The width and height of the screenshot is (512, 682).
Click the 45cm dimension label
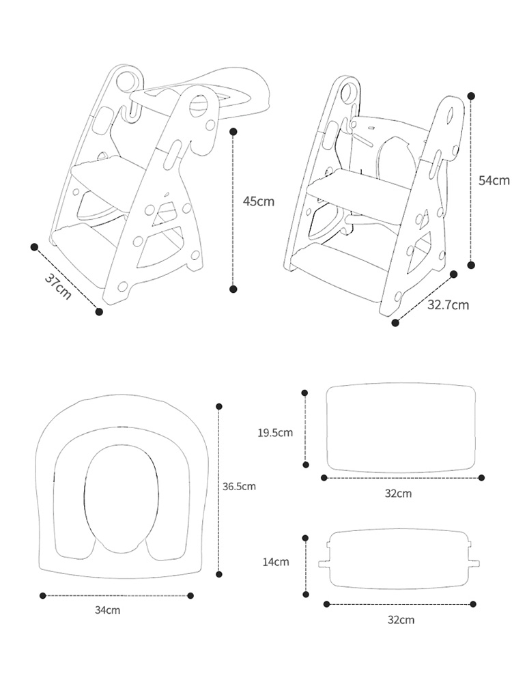pyautogui.click(x=259, y=201)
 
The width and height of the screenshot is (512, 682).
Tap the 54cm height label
pyautogui.click(x=494, y=180)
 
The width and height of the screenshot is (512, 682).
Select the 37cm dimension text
pyautogui.click(x=59, y=285)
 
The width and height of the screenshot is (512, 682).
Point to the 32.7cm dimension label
pyautogui.click(x=448, y=304)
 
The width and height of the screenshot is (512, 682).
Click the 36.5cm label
pyautogui.click(x=239, y=487)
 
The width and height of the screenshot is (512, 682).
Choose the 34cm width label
pyautogui.click(x=108, y=610)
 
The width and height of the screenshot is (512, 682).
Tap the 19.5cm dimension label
pyautogui.click(x=275, y=432)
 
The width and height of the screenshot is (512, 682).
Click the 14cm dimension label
pyautogui.click(x=276, y=562)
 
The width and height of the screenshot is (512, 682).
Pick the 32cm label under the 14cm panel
pyautogui.click(x=401, y=620)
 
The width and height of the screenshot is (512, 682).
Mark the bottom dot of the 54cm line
pyautogui.click(x=470, y=265)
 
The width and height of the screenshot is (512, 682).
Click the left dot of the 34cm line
pyautogui.click(x=42, y=595)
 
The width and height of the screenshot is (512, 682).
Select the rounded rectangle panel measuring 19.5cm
pyautogui.click(x=401, y=428)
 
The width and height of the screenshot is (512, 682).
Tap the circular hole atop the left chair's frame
pyautogui.click(x=126, y=80)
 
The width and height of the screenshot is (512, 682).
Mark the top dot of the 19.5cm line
pyautogui.click(x=304, y=393)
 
